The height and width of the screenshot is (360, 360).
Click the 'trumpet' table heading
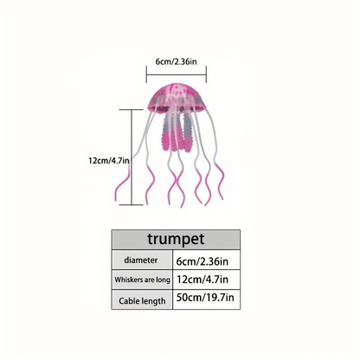click(176, 239)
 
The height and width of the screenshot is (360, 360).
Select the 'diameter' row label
click(141, 260)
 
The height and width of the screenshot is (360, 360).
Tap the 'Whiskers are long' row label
click(142, 280)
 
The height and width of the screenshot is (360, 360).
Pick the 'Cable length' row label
click(142, 301)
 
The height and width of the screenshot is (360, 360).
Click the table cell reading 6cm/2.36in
click(202, 261)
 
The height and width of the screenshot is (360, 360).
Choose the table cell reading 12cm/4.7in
click(202, 280)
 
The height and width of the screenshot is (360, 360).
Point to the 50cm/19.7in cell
click(205, 298)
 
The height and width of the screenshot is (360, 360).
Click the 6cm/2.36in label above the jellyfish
click(177, 61)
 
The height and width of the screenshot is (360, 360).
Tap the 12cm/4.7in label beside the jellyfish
click(109, 161)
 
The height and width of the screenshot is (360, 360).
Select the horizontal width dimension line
click(177, 74)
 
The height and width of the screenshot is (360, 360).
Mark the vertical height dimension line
click(132, 157)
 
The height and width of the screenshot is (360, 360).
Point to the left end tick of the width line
click(146, 74)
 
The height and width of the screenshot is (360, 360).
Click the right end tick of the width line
click(206, 74)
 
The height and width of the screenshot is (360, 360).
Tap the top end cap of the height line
click(132, 110)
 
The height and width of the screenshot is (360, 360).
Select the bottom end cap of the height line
click(132, 205)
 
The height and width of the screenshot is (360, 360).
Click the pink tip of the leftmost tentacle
click(116, 198)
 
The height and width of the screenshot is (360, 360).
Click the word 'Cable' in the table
click(129, 301)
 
